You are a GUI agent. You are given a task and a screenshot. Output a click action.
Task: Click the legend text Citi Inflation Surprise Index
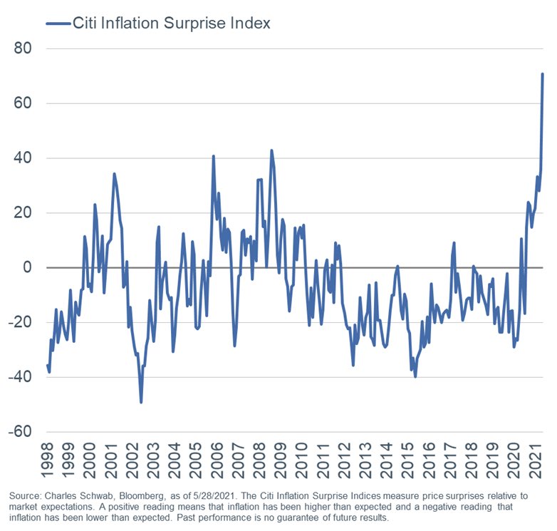(171, 24)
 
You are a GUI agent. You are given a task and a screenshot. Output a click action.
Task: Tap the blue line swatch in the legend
(57, 24)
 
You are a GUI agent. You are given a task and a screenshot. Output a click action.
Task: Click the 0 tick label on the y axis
(30, 267)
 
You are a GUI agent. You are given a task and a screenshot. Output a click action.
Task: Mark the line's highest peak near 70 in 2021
(543, 74)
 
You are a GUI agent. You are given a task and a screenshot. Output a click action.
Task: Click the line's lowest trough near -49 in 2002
(141, 402)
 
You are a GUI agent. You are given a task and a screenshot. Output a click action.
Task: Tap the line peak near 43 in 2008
(271, 150)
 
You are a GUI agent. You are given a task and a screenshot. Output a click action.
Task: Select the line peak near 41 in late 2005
(213, 156)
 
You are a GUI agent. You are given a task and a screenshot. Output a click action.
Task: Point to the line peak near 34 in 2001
(114, 173)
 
